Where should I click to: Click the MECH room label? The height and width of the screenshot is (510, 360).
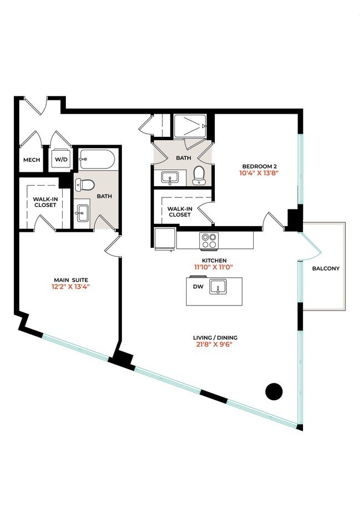coord(29,160)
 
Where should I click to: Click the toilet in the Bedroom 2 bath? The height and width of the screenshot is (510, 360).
coord(199,176)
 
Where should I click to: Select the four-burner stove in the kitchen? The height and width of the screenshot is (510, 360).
coord(209,241)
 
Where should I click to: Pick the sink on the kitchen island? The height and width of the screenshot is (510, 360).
coord(220,288)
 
